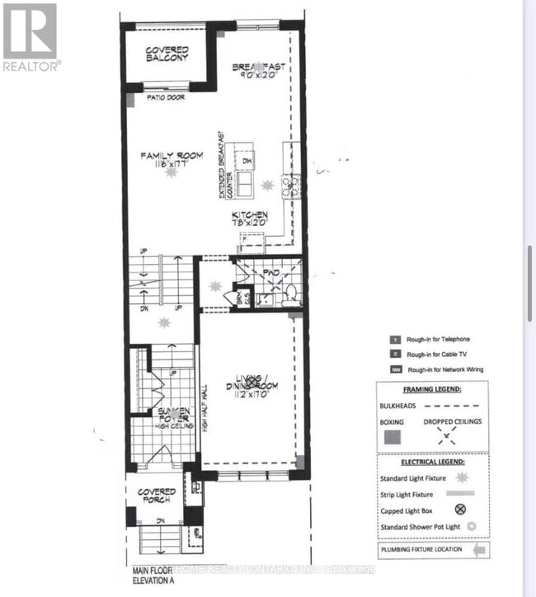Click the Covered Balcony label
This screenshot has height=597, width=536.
[167, 54]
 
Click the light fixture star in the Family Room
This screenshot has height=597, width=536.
[171, 172]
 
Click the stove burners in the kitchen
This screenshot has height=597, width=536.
[287, 186]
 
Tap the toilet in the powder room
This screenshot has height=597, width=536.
[289, 292]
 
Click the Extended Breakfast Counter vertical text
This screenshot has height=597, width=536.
[220, 165]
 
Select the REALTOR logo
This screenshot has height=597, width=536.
[31, 37]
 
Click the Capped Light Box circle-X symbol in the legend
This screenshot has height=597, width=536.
[473, 511]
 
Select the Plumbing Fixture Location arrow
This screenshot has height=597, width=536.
[480, 549]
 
